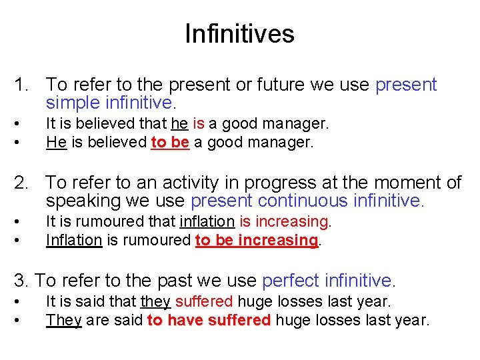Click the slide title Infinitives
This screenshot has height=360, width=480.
239,33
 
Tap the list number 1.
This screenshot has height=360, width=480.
21,85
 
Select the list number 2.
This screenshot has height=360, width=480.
22,183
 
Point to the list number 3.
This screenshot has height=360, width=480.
20,281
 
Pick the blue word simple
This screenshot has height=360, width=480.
75,103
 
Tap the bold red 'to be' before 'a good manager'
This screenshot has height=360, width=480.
171,142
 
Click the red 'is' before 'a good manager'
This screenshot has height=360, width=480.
198,123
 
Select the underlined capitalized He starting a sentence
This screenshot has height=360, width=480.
56,142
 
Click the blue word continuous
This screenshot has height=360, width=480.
308,201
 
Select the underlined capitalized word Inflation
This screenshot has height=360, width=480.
74,239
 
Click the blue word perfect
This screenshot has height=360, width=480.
291,281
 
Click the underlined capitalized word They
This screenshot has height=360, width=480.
63,320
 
